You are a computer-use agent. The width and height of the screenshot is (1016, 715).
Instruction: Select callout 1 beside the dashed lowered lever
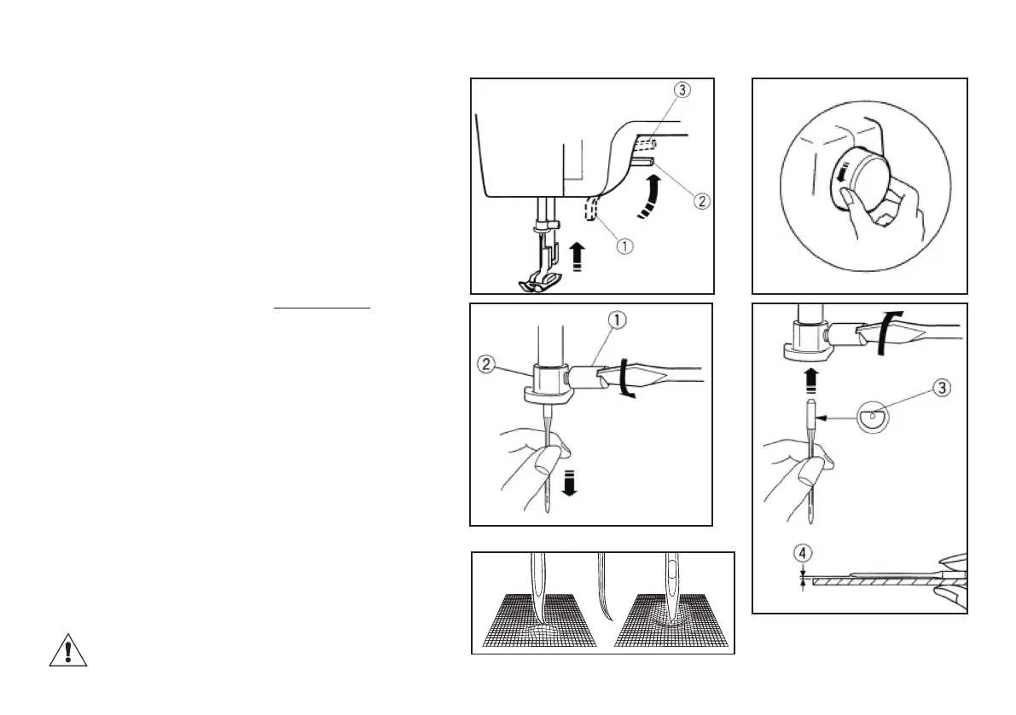[x=624, y=246]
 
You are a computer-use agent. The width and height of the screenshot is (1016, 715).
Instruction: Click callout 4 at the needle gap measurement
[x=803, y=552]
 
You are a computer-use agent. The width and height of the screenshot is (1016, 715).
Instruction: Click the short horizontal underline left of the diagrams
[x=322, y=307]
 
